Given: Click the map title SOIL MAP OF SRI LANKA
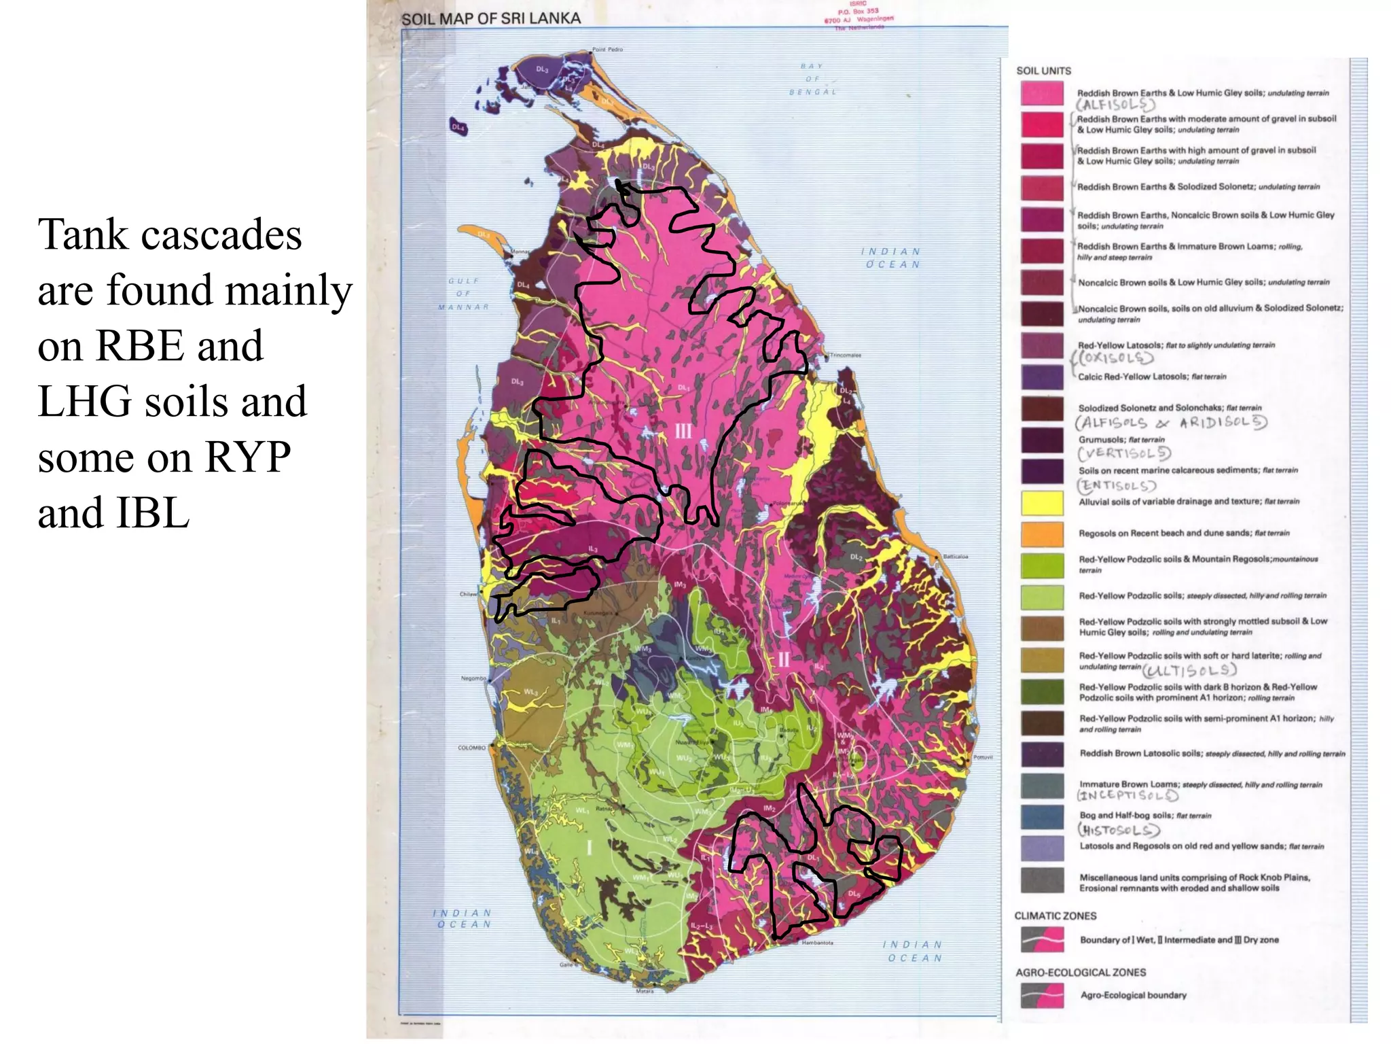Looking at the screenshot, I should click(490, 19).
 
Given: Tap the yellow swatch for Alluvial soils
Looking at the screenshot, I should click(1042, 504).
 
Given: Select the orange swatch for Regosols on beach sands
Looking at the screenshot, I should click(1042, 534).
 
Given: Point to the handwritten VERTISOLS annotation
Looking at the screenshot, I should click(1124, 453).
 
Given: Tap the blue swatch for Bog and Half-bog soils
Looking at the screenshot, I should click(1042, 818).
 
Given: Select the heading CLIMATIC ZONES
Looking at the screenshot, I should click(1055, 916).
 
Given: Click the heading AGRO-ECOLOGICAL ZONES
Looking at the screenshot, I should click(1080, 973).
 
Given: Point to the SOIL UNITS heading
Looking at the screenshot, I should click(1043, 71).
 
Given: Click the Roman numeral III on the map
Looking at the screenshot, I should click(683, 431).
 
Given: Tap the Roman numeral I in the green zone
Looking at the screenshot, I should click(589, 848).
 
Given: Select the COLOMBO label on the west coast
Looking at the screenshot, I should click(471, 748).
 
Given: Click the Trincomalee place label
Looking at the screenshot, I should click(846, 355).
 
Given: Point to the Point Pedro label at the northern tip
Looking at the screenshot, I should click(607, 50).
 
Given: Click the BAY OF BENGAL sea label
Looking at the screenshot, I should click(812, 79).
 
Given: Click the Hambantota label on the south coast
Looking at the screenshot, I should click(817, 943).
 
